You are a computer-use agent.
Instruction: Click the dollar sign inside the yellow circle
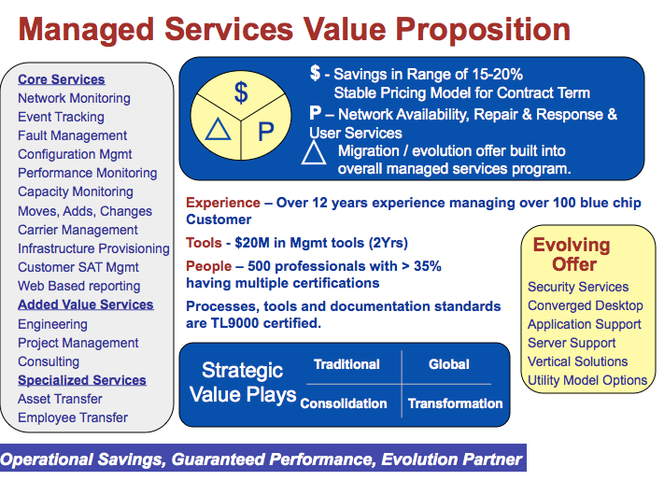coord(241,92)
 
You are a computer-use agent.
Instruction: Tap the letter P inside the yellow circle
coord(266,132)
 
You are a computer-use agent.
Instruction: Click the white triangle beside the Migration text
coord(314,152)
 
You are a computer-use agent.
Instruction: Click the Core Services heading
coord(62,79)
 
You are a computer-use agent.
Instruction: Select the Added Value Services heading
coord(86,304)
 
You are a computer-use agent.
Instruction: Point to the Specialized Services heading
coord(82,380)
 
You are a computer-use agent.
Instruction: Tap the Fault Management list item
coord(73,135)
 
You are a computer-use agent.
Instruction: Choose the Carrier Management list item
coord(78,230)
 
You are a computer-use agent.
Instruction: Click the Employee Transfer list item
coord(73,417)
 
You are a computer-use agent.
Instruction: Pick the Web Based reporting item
coord(79,286)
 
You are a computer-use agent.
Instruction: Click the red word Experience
coord(223,203)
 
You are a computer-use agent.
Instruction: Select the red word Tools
coord(204,243)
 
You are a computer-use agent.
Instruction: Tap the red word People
coord(209,266)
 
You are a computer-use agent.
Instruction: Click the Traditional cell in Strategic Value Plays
coord(346,364)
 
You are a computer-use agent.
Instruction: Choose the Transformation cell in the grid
coord(455,403)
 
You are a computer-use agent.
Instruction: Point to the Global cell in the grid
coord(449,364)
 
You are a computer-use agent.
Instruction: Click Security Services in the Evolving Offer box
coord(578,287)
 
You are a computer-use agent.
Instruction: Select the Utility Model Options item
coord(587,380)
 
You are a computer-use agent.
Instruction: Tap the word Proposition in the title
coord(483,29)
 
